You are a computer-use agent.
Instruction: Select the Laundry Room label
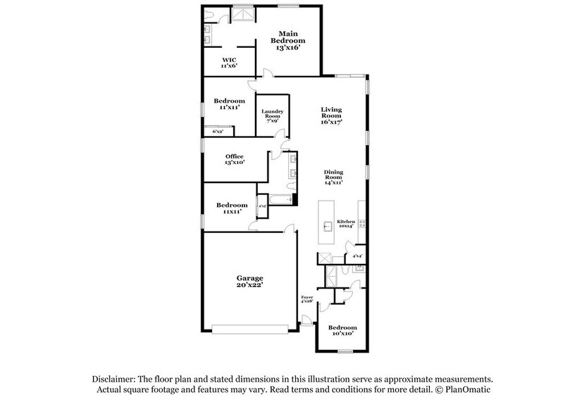click(272, 115)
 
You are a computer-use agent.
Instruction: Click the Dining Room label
click(333, 177)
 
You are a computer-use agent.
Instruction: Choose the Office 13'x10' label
click(235, 160)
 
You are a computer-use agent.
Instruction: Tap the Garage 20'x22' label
click(249, 282)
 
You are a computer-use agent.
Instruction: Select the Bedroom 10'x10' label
click(342, 331)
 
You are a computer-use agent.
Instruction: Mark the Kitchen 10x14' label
click(346, 224)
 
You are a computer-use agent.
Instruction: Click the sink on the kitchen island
click(328, 227)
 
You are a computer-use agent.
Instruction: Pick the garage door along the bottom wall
click(249, 329)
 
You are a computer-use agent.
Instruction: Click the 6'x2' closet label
click(218, 132)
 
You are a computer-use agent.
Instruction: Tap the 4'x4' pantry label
click(357, 256)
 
